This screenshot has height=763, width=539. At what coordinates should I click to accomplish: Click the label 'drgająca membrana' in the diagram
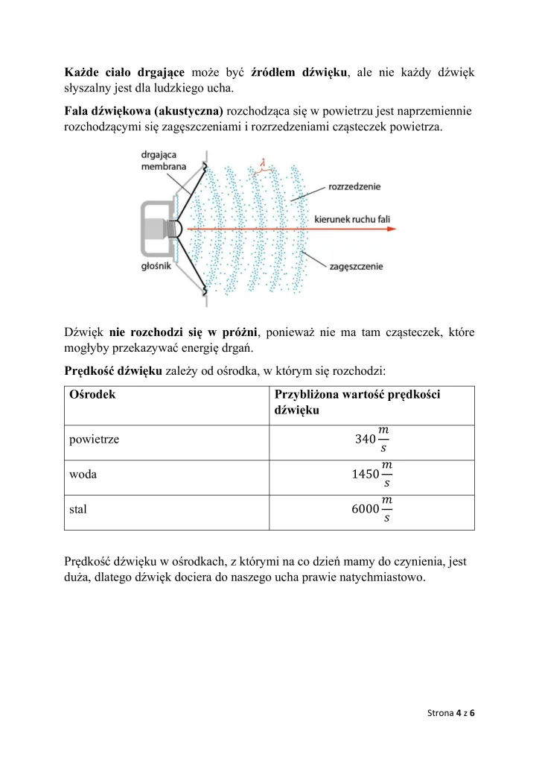[164, 160]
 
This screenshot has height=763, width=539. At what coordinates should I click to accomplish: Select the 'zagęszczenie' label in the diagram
[356, 265]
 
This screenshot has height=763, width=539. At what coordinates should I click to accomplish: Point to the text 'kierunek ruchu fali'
[352, 220]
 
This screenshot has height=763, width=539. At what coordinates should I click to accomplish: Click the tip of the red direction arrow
[395, 230]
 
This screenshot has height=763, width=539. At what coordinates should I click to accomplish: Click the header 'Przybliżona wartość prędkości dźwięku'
[357, 402]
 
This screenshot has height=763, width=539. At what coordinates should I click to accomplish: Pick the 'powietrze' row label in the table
[94, 439]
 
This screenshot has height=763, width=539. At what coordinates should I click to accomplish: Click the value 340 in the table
[366, 439]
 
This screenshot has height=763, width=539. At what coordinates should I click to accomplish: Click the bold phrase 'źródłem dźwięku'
[300, 73]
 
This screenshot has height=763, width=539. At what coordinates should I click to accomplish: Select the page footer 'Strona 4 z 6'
[451, 713]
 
